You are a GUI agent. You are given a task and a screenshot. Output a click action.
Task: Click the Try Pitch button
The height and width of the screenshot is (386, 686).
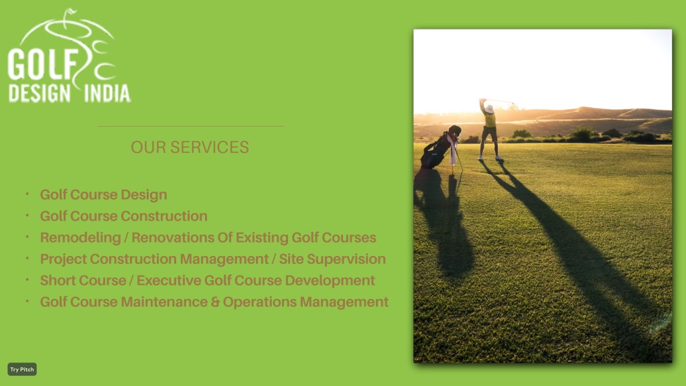coord(22,369)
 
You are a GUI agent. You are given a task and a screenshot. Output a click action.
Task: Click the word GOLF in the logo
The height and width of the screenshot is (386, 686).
coord(42,64)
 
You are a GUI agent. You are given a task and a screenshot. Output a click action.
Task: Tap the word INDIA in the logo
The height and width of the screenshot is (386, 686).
coord(107,93)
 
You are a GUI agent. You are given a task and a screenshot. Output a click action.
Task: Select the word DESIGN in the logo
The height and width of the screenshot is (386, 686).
coord(40,93)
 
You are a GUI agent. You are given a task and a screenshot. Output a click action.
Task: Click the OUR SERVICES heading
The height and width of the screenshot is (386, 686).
coord(190,147)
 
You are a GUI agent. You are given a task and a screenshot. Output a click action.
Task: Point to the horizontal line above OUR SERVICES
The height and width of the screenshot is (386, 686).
coord(191,127)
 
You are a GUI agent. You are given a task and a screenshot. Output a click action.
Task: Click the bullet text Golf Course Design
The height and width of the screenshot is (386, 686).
coord(104,195)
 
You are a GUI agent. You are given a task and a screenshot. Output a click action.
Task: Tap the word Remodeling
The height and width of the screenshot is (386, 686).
coord(80,238)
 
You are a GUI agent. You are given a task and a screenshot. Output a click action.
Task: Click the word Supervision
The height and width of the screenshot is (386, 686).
coord(346,259)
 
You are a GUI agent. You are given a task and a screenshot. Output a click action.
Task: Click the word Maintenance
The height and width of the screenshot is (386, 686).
coord(169,302)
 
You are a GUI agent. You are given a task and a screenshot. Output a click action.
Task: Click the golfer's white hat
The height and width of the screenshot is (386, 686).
coord(489,108)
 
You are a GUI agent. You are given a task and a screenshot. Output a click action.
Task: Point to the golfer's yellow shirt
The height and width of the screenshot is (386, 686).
coord(490,119)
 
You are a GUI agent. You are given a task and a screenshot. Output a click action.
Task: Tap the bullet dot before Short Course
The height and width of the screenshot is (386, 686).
coord(27,279)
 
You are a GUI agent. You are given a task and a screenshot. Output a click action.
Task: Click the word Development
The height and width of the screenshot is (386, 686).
coord(330,281)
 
